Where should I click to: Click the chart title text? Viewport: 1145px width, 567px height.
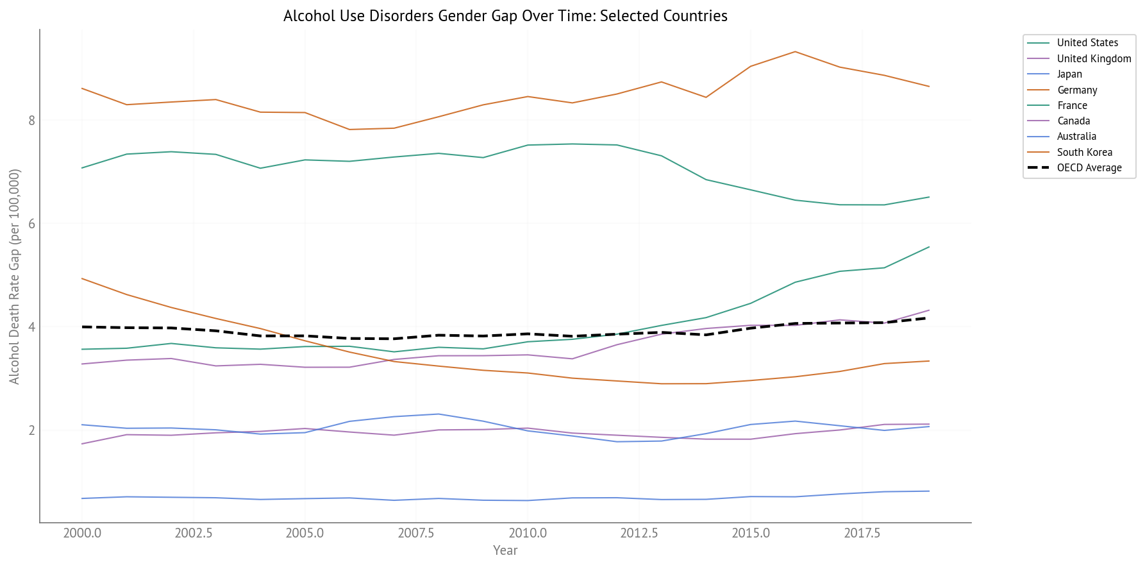[505, 16]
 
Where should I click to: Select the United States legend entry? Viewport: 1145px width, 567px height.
[1087, 43]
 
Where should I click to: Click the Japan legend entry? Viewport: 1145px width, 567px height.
[1069, 74]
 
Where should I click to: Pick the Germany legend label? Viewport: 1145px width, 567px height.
[1077, 90]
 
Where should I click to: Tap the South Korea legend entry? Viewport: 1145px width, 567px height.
[1084, 153]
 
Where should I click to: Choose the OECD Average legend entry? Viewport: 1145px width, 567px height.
[1089, 168]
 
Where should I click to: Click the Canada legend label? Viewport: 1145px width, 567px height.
[1073, 121]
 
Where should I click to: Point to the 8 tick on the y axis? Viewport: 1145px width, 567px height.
[31, 121]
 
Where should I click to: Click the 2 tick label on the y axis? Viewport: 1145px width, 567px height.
[31, 430]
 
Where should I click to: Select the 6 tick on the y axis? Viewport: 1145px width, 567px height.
[31, 224]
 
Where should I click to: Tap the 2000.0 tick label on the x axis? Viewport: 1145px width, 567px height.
[82, 534]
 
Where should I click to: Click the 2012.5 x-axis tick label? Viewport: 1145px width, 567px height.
[639, 534]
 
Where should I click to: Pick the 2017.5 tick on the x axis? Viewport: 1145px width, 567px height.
[862, 534]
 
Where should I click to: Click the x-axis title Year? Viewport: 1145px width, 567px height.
[505, 550]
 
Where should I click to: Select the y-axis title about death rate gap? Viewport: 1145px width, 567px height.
[15, 276]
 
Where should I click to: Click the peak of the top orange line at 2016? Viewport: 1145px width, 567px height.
[795, 51]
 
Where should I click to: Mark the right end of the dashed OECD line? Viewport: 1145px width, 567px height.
[929, 317]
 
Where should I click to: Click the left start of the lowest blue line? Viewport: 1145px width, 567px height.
[82, 498]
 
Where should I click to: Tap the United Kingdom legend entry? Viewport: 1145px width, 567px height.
[1094, 59]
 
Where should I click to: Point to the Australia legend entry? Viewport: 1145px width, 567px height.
[1076, 137]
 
